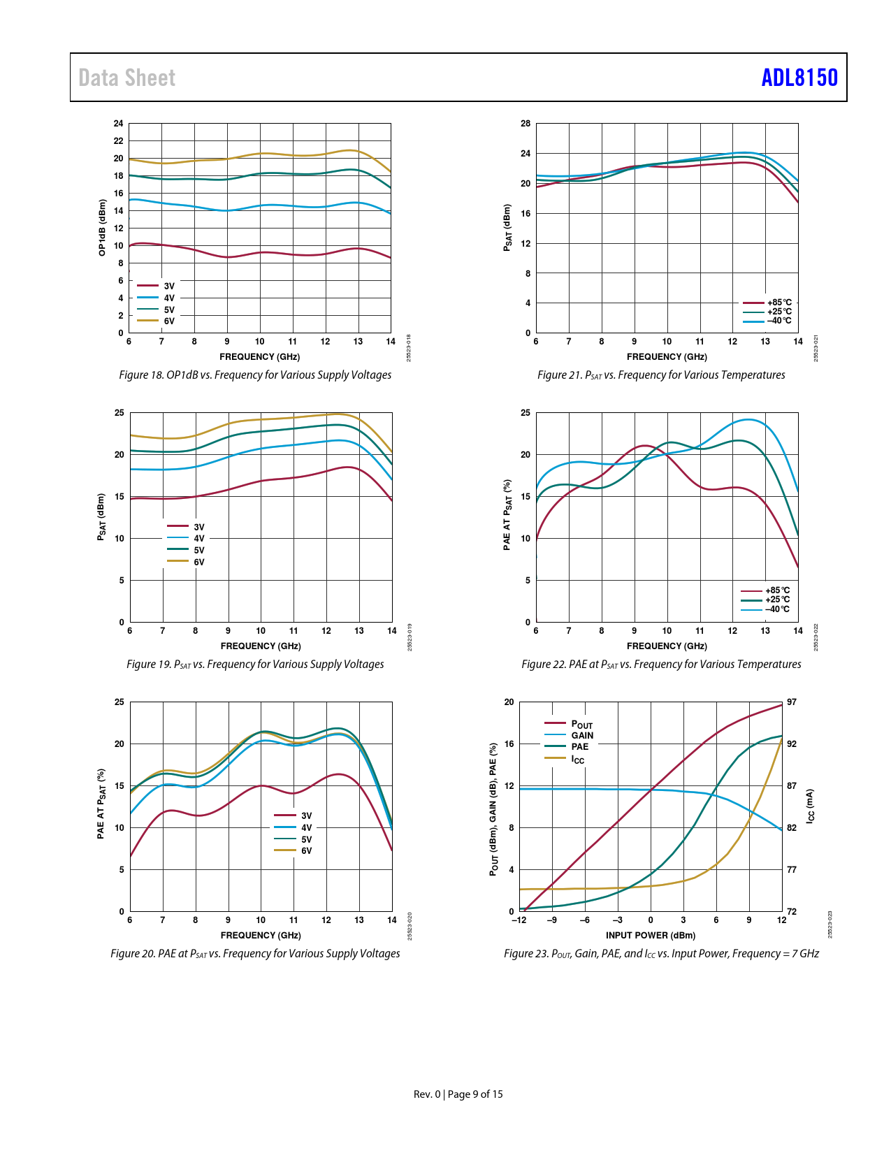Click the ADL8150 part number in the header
pyautogui.click(x=799, y=78)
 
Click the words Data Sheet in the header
pyautogui.click(x=126, y=78)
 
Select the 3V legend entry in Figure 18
pyautogui.click(x=168, y=286)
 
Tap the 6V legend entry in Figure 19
pyautogui.click(x=198, y=562)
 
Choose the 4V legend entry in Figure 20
pyautogui.click(x=306, y=827)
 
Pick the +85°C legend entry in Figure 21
pyautogui.click(x=778, y=303)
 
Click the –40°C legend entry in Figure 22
pyautogui.click(x=777, y=609)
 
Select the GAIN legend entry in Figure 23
pyautogui.click(x=581, y=735)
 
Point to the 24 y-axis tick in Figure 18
pyautogui.click(x=119, y=124)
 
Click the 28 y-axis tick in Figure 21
pyautogui.click(x=526, y=124)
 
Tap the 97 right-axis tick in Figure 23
pyautogui.click(x=792, y=702)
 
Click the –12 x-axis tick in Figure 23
pyautogui.click(x=519, y=920)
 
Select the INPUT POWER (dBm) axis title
pyautogui.click(x=650, y=935)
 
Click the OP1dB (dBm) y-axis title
pyautogui.click(x=102, y=228)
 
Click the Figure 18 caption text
pyautogui.click(x=255, y=375)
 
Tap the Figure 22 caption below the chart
pyautogui.click(x=661, y=665)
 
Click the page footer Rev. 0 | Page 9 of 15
pyautogui.click(x=458, y=1094)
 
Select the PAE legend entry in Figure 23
pyautogui.click(x=579, y=746)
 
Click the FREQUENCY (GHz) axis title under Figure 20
pyautogui.click(x=261, y=935)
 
